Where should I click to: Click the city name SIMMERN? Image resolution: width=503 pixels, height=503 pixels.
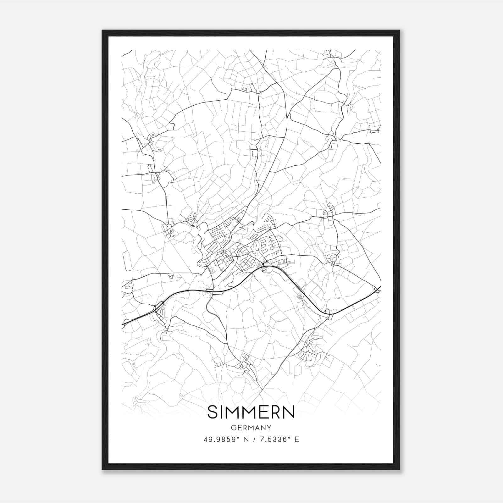click(x=251, y=412)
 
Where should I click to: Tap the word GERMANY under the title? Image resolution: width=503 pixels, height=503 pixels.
click(x=251, y=428)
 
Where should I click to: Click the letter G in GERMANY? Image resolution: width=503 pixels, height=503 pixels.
click(x=233, y=428)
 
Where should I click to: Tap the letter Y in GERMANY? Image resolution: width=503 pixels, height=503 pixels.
click(x=269, y=428)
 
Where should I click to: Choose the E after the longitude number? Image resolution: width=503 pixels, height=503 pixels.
click(x=297, y=439)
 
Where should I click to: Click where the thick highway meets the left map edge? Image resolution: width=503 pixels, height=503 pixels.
click(x=122, y=324)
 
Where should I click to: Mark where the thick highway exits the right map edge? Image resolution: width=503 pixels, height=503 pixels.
click(x=380, y=287)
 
